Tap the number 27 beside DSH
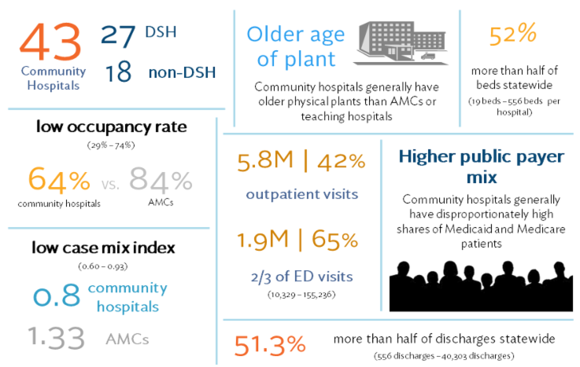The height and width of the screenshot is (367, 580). pyautogui.click(x=119, y=35)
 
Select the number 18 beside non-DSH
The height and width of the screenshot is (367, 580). pyautogui.click(x=119, y=74)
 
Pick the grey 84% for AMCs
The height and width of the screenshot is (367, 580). pyautogui.click(x=161, y=181)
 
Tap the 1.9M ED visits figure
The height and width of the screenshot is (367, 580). pyautogui.click(x=270, y=240)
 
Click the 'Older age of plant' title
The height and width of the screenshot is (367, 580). pyautogui.click(x=295, y=46)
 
